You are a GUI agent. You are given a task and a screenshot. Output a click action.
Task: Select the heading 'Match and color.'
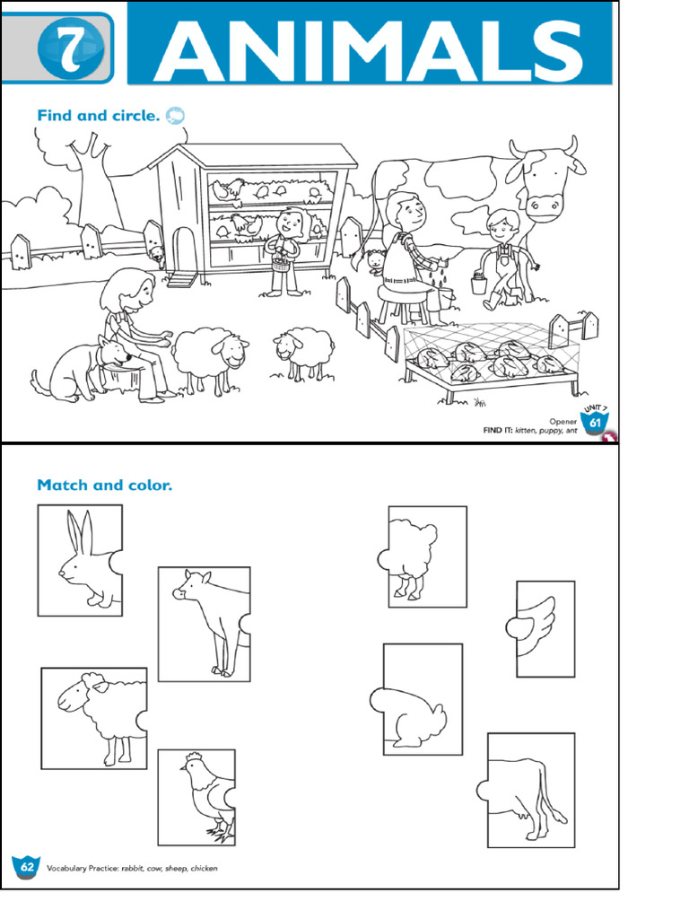coord(104,486)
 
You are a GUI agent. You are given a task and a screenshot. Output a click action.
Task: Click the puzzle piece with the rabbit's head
coord(80,561)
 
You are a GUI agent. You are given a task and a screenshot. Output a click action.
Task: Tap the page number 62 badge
coord(26,868)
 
